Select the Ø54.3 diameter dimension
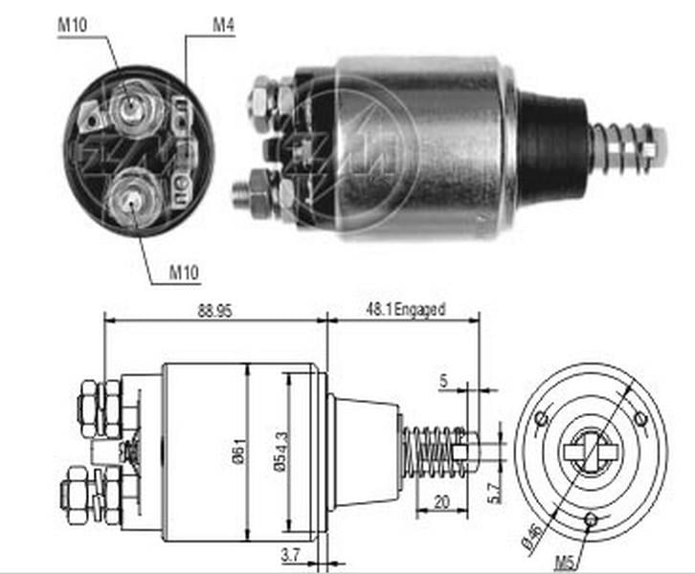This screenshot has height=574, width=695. (278, 449)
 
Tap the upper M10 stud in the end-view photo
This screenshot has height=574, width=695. (128, 106)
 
